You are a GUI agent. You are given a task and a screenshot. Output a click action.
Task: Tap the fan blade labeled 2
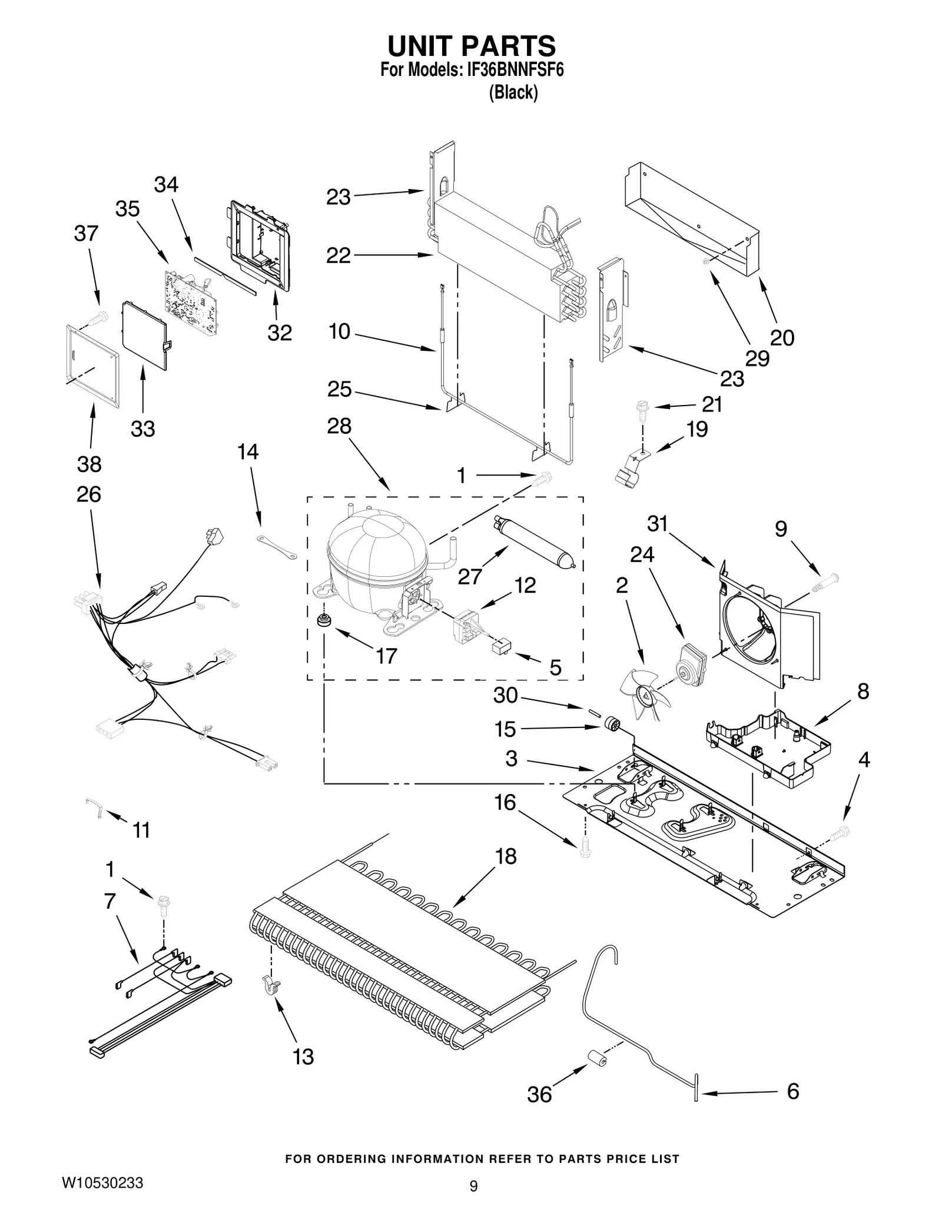[645, 694]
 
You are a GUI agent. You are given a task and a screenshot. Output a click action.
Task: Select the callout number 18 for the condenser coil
[505, 856]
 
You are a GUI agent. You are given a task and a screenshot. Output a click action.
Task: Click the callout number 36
[539, 1094]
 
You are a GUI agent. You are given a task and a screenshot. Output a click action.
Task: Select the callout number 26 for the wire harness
[88, 494]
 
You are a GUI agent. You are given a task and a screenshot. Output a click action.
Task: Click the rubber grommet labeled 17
[322, 620]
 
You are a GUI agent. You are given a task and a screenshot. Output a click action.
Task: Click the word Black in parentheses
[513, 92]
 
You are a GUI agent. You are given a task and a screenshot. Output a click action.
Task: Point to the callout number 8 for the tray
[863, 691]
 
